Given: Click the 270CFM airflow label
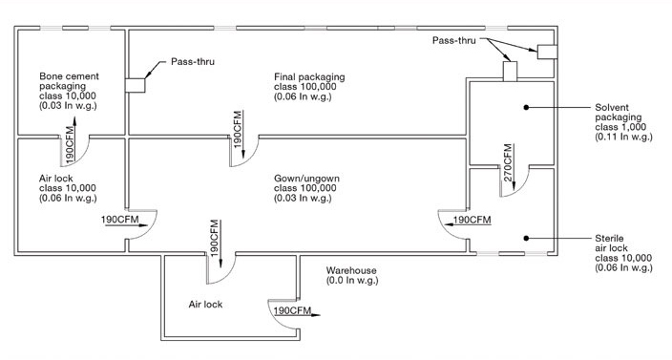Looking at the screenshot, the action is coord(508,162).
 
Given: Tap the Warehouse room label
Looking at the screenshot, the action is coord(351,276).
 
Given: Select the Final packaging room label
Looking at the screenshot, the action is coord(309,87).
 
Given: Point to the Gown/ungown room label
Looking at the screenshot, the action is coord(306,188).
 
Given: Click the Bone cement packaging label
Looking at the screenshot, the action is coord(69,91).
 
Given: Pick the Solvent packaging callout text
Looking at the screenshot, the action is coord(623,122).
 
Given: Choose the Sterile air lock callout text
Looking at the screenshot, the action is coord(623,253).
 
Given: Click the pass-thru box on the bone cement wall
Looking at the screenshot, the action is coord(135,85).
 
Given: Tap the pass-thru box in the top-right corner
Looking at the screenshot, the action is coord(547,52).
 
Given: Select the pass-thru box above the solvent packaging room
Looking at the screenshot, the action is coord(510,71).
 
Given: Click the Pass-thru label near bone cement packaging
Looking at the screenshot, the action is coord(193,61).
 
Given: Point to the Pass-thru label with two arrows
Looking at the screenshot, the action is coord(453,40).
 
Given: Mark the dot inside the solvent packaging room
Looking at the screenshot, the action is coord(526,107).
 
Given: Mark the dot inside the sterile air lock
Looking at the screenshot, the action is coord(526,239).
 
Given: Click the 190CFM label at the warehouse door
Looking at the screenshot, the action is coord(292,310).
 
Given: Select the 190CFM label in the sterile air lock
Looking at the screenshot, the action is coord(472,220).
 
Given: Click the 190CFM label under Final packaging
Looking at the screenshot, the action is coord(238,129).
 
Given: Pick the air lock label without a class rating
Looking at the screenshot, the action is coord(205,305).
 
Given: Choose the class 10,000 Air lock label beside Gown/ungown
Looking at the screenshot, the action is coord(68,188).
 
